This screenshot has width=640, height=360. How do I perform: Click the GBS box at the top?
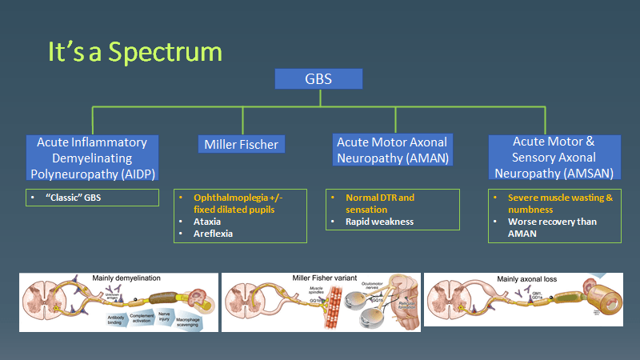point(318,78)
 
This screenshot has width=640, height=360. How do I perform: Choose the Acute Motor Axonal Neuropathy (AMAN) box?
point(391,150)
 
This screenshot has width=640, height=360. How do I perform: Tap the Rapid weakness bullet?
point(379,221)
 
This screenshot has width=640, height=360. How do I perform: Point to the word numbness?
point(527,209)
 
